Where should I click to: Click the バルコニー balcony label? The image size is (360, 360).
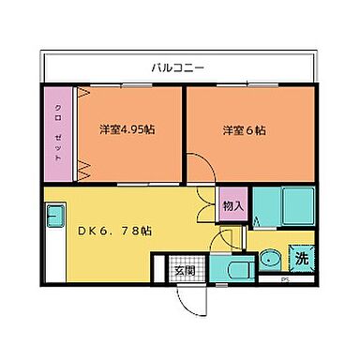point(179,67)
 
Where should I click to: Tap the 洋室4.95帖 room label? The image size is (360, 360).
point(127,130)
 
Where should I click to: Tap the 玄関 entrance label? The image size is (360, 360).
point(183,272)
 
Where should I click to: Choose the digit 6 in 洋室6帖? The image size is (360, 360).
point(251,130)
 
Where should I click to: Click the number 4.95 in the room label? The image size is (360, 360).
point(136,130)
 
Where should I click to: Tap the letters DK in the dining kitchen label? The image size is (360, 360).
point(83,230)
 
